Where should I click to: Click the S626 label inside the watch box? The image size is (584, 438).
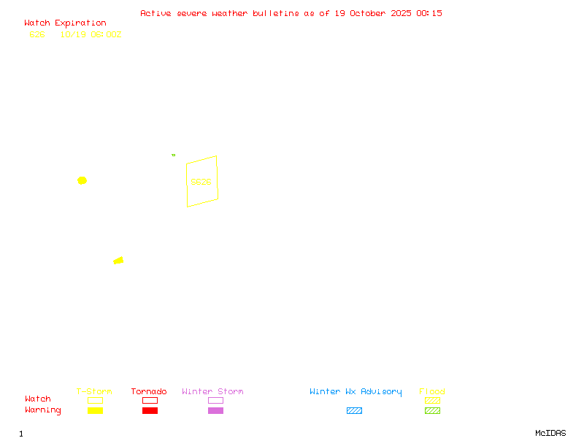[x=201, y=182]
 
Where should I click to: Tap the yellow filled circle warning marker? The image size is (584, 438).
[x=82, y=180]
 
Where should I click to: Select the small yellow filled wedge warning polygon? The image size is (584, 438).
[x=118, y=261]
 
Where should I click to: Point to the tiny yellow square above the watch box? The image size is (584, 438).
[x=173, y=155]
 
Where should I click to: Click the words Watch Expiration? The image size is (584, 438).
[x=65, y=23]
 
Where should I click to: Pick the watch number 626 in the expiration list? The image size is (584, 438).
[x=37, y=34]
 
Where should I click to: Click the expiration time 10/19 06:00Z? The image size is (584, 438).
[x=91, y=34]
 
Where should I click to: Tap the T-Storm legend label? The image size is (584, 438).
[x=94, y=392]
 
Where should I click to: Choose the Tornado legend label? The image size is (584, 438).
[x=149, y=392]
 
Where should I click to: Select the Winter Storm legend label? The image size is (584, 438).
[x=212, y=392]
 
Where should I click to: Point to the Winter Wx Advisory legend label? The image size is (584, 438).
[x=356, y=392]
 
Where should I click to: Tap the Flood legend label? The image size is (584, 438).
[x=432, y=392]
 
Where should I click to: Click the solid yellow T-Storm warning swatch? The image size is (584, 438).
[x=95, y=411]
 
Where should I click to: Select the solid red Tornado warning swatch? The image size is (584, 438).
[x=150, y=411]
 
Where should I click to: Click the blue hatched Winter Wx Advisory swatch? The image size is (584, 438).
[x=354, y=411]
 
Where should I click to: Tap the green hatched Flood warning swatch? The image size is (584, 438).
[x=432, y=411]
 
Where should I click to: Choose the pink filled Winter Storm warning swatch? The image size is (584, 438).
[x=215, y=411]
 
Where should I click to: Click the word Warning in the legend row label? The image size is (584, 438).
[x=43, y=410]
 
